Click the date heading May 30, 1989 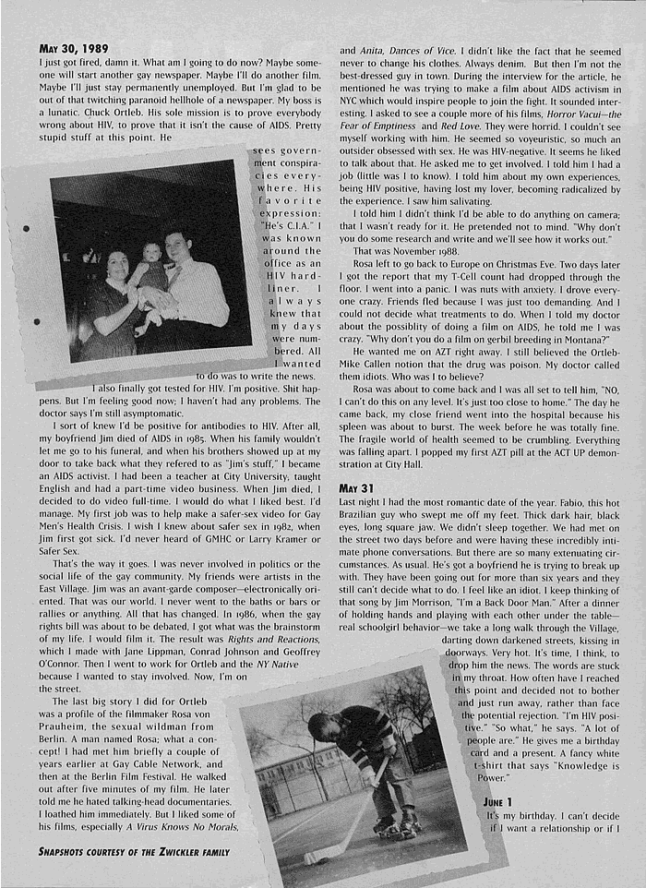73,48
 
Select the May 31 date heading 356,488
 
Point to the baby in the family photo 151,268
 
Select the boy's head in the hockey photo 325,726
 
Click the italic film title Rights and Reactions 261,640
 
